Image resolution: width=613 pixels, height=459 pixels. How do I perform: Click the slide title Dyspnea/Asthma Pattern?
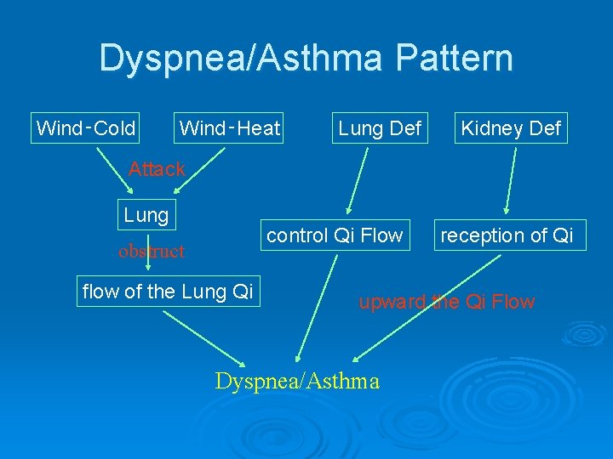[306, 59]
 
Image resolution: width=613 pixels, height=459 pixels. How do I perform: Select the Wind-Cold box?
[86, 128]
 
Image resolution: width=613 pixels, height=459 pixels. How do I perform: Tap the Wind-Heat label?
[229, 128]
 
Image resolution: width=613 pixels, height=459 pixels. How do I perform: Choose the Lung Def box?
[379, 128]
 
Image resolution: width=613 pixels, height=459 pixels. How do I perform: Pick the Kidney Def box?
[510, 128]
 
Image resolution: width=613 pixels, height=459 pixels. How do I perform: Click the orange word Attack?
[157, 169]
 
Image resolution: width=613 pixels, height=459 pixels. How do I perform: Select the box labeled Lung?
[146, 215]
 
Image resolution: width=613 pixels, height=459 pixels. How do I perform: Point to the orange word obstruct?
[152, 251]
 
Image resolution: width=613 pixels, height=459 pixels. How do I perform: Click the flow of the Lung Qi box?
[167, 292]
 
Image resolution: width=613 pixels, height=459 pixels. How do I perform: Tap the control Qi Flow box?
[335, 235]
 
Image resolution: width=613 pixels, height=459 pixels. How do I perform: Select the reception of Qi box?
[507, 235]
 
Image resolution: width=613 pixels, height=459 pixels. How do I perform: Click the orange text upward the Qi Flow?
[446, 302]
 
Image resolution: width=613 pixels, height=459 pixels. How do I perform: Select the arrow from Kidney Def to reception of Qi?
[511, 178]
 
